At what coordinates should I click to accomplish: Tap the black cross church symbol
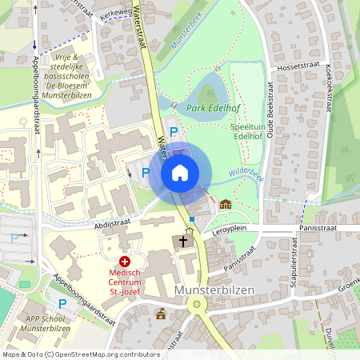(183, 241)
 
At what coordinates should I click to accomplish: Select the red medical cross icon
(125, 262)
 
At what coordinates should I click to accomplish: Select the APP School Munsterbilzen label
(44, 323)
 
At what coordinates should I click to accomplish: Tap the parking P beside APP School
(62, 303)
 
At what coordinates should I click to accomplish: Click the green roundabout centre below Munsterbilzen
(195, 305)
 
